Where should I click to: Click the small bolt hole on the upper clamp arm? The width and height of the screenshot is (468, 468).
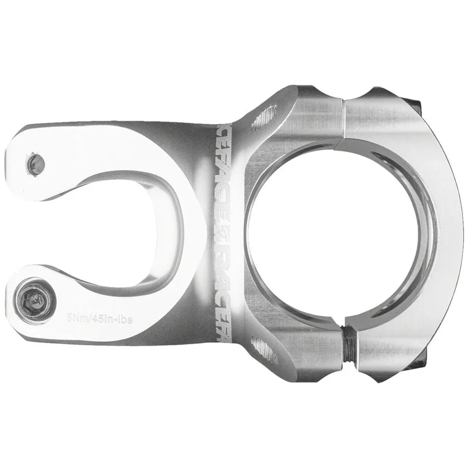[36, 163]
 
